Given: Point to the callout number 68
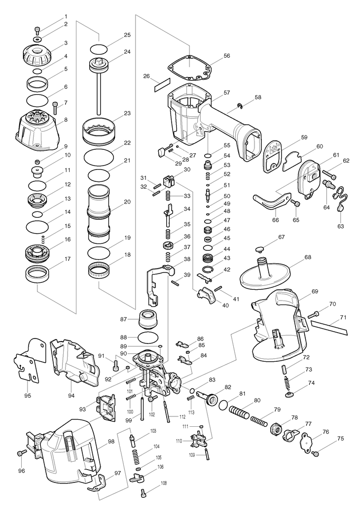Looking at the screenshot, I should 308,257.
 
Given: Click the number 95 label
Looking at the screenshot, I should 28,395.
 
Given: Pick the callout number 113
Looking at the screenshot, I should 191,411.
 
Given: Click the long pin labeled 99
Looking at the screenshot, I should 142,408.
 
